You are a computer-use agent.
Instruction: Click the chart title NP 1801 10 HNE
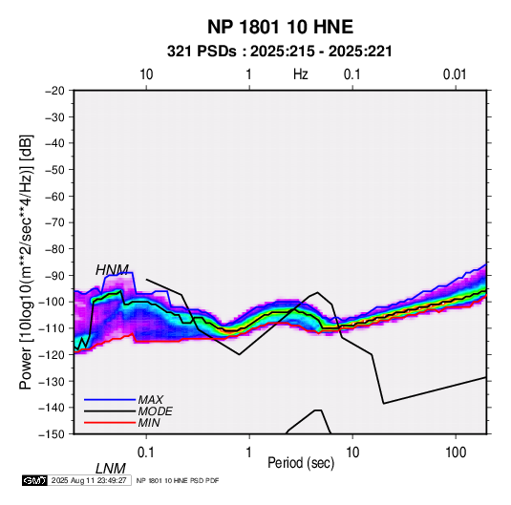(280, 27)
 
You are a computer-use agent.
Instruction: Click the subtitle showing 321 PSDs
(280, 52)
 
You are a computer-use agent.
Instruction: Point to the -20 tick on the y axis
(54, 91)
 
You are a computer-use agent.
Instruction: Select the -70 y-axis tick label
(54, 222)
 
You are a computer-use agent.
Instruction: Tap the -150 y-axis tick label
(53, 434)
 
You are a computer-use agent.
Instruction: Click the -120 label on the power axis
(53, 354)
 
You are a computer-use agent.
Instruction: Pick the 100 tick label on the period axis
(456, 452)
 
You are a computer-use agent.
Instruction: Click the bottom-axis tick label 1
(249, 452)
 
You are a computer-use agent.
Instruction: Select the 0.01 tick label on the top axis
(455, 74)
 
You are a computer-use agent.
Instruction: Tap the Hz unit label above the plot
(301, 74)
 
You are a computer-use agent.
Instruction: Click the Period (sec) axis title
(301, 463)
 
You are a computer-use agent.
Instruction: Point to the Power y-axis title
(26, 262)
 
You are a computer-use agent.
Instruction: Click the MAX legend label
(151, 400)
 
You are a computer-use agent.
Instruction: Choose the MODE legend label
(155, 411)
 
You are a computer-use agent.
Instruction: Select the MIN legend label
(149, 423)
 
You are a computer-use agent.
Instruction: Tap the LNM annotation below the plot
(111, 469)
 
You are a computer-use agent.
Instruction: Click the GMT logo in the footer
(34, 480)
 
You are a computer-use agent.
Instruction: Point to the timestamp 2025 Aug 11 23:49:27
(89, 480)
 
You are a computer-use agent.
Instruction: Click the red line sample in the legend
(110, 423)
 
